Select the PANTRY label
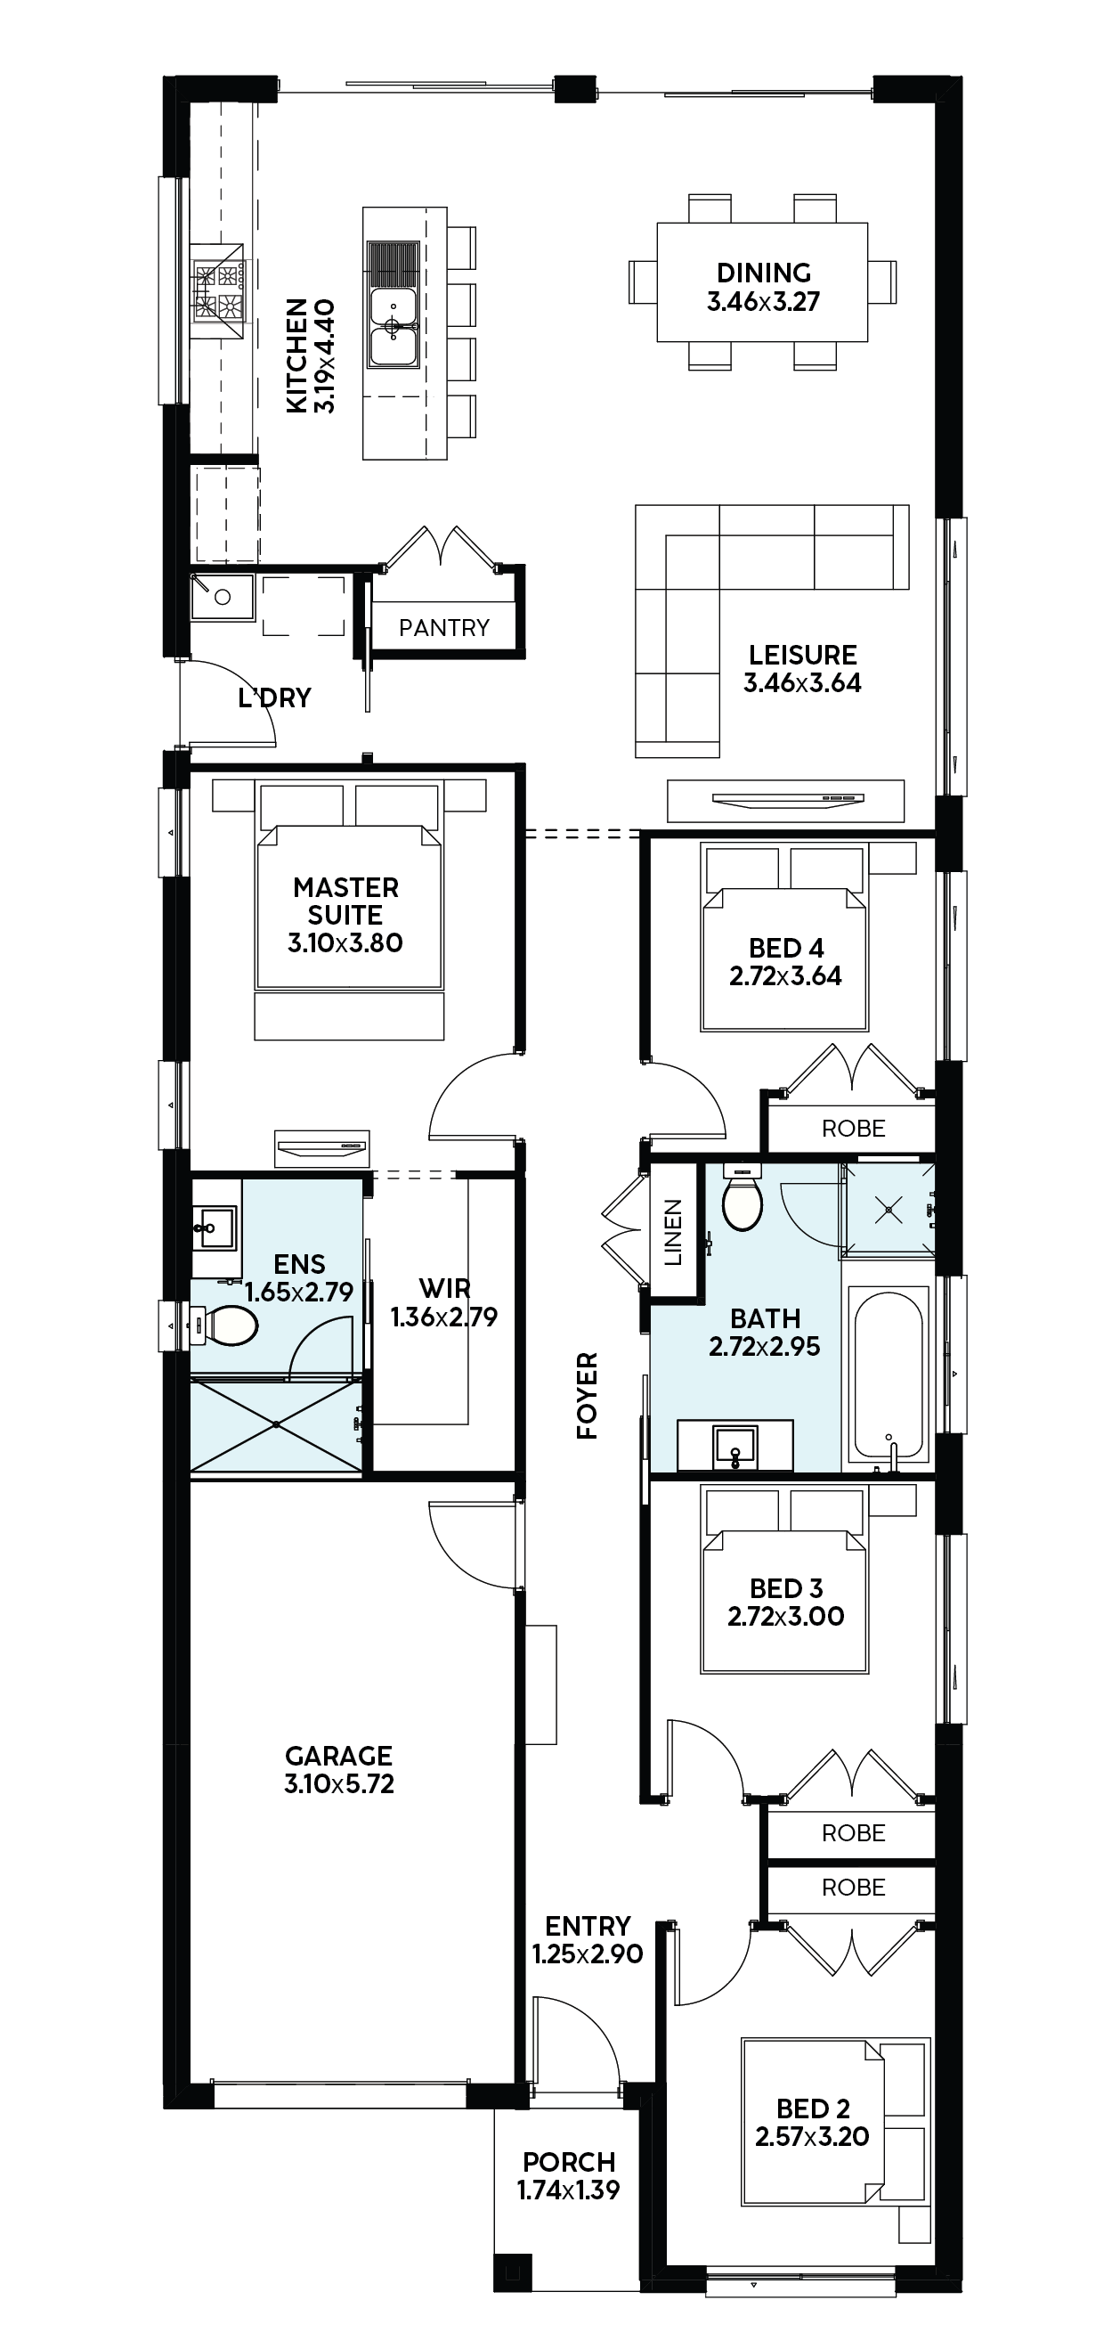[444, 628]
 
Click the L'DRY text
[274, 698]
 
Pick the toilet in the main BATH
[743, 1197]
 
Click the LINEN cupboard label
[673, 1232]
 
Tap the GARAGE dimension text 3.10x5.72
[339, 1783]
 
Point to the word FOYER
[588, 1396]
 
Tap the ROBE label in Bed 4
[853, 1129]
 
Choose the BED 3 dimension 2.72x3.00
[786, 1616]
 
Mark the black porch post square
[512, 2272]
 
